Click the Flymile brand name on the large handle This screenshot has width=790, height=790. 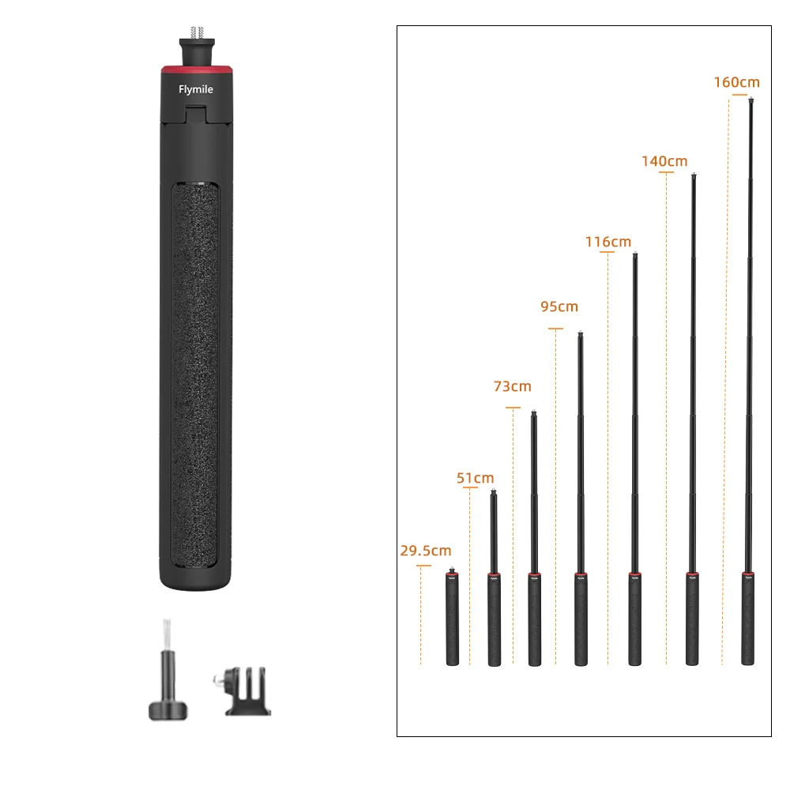[x=195, y=89]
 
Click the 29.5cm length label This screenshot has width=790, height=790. [x=425, y=551]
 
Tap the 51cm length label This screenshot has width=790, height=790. [x=475, y=478]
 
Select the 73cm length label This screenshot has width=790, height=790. [x=512, y=386]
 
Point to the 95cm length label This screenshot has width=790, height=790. [x=559, y=307]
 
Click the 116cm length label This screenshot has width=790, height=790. [x=608, y=242]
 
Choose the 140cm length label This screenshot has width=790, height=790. [x=664, y=161]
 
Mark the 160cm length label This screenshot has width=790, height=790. [x=736, y=82]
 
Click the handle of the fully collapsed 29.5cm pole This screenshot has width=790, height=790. [x=453, y=624]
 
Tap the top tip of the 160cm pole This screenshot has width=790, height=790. [x=750, y=100]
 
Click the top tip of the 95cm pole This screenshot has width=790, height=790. [x=581, y=333]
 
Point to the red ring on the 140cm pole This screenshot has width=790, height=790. [x=692, y=574]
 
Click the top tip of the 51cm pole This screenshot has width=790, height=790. [x=494, y=493]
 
